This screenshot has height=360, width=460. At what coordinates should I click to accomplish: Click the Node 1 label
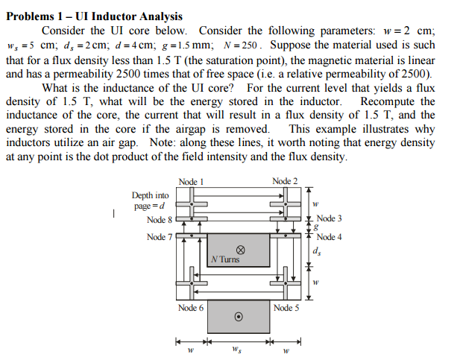click(x=191, y=182)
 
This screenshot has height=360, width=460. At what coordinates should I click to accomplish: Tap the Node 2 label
click(x=285, y=181)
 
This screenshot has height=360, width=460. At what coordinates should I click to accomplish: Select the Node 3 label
click(x=330, y=218)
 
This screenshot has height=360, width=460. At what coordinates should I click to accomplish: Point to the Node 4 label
click(x=330, y=237)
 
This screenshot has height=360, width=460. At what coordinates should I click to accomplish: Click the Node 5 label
click(x=286, y=308)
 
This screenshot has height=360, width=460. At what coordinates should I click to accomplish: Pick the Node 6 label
click(x=191, y=308)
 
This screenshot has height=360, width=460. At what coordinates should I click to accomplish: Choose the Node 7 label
click(x=160, y=237)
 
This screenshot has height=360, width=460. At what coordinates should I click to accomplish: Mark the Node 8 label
click(x=160, y=220)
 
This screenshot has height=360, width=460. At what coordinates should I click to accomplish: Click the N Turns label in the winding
click(x=225, y=259)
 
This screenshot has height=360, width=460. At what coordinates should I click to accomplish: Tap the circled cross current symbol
click(x=240, y=250)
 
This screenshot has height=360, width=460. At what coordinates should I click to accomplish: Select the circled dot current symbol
click(x=239, y=317)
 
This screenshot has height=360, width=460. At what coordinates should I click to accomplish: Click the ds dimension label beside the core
click(x=317, y=251)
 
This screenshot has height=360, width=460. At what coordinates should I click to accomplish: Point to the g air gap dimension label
click(x=316, y=227)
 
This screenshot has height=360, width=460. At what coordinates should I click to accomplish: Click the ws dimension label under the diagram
click(x=237, y=349)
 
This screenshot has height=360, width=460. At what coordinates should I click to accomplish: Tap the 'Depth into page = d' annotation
click(x=150, y=200)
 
